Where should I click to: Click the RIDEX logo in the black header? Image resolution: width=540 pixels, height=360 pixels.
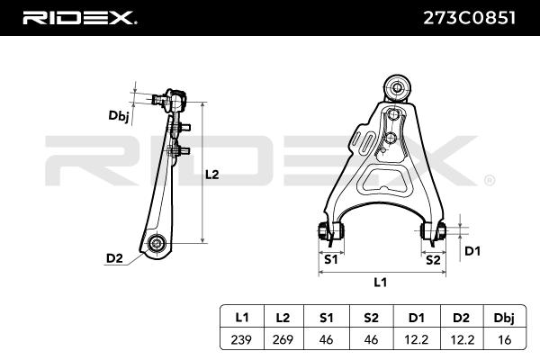79,18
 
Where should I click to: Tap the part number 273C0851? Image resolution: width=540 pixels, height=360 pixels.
469,18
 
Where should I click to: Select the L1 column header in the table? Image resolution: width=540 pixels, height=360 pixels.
242,318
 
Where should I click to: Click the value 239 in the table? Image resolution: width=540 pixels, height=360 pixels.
241,339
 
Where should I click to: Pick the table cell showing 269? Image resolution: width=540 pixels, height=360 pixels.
283,339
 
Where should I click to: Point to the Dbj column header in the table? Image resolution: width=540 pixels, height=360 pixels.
504,318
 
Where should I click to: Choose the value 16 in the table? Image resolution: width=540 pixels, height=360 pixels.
505,339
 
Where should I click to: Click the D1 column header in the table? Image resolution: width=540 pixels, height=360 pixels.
416,318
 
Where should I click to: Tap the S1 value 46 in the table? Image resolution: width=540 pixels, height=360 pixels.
326,339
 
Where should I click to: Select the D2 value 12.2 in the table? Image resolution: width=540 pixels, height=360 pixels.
463,339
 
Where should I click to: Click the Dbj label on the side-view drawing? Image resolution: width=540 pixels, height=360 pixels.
119,116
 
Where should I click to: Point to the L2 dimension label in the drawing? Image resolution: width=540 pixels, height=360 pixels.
212,175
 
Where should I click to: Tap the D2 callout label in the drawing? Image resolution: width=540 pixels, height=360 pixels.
114,258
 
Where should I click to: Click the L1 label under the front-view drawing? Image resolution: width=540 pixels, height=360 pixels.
380,283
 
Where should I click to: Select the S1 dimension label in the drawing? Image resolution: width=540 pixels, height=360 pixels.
331,259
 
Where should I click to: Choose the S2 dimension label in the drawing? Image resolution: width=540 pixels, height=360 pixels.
433,260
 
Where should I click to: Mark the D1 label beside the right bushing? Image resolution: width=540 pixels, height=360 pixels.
472,251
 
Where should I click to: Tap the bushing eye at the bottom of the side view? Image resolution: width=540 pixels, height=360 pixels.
157,244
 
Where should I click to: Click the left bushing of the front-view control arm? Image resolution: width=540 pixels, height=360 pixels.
331,230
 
